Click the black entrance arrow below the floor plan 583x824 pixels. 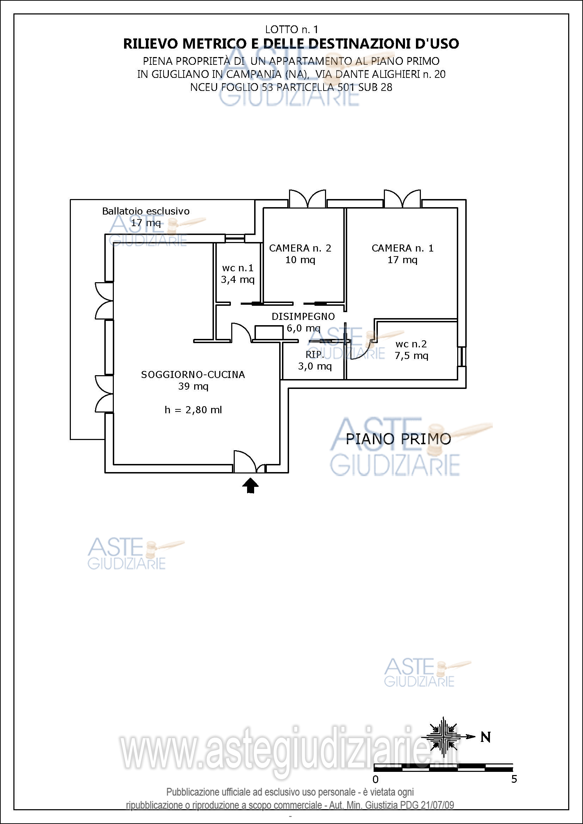click(x=250, y=486)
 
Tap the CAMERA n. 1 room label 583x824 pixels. click(x=403, y=248)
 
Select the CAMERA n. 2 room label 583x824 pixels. click(x=300, y=248)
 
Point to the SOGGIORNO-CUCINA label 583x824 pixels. click(x=193, y=375)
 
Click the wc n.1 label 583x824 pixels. click(x=238, y=268)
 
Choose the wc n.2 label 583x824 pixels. click(x=411, y=344)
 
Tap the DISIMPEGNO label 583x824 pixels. click(x=303, y=317)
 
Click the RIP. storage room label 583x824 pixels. click(x=315, y=355)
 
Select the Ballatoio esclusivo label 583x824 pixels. click(x=146, y=211)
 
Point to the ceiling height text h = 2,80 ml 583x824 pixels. click(x=193, y=410)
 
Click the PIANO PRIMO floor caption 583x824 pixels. click(x=398, y=439)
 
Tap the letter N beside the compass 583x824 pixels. click(x=485, y=737)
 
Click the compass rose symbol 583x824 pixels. click(x=444, y=737)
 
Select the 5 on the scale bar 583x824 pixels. click(x=514, y=779)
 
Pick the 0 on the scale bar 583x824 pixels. click(x=375, y=780)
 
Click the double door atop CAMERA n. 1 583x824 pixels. click(x=402, y=199)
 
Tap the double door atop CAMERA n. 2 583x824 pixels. click(x=308, y=199)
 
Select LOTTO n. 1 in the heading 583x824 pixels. click(x=291, y=30)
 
